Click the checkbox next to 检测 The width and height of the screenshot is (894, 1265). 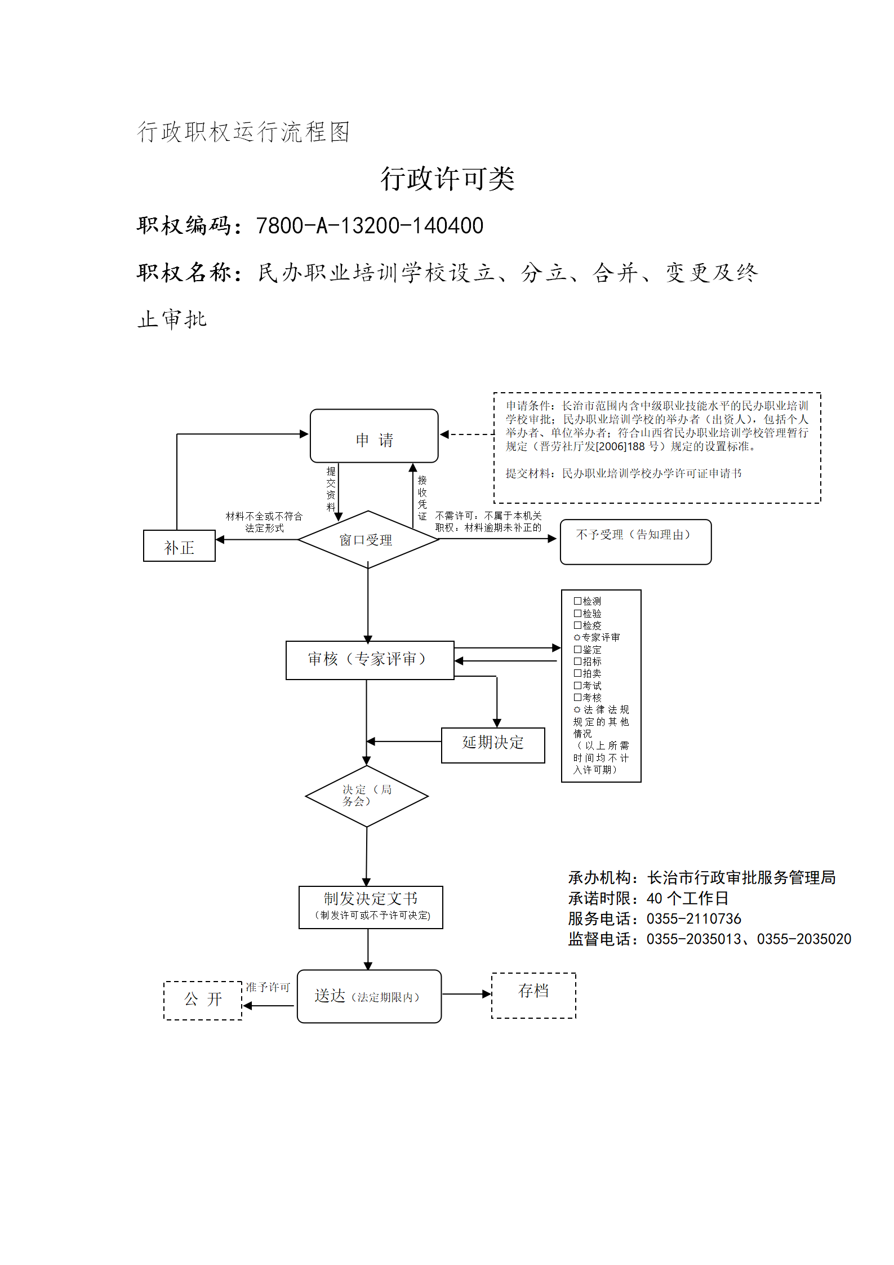pyautogui.click(x=577, y=601)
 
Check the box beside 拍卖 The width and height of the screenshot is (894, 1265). pyautogui.click(x=577, y=673)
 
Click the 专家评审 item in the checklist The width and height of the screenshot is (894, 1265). pyautogui.click(x=597, y=637)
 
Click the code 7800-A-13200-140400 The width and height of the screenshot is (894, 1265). pyautogui.click(x=370, y=226)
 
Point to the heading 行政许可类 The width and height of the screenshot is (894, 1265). pyautogui.click(x=447, y=179)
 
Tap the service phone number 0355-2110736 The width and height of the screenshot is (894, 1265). pyautogui.click(x=694, y=919)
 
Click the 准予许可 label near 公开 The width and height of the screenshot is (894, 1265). pyautogui.click(x=268, y=987)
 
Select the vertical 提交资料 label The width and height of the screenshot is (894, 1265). pyautogui.click(x=331, y=489)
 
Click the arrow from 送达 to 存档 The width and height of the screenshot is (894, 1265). pyautogui.click(x=467, y=994)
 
